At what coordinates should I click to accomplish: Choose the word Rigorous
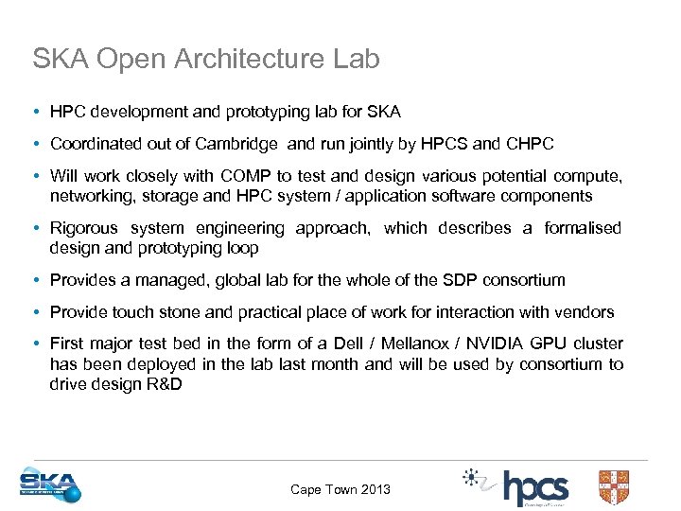[84, 228]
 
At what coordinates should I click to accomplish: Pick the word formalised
[583, 228]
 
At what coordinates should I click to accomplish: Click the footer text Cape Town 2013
[340, 489]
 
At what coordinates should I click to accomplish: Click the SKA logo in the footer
[50, 485]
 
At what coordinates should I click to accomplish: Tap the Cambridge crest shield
[613, 486]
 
